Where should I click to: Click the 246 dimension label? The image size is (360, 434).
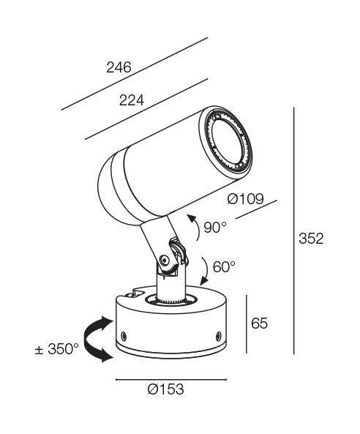[x=119, y=67]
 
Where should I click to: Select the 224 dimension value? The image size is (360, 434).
[x=132, y=100]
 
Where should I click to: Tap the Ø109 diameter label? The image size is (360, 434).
[x=245, y=199]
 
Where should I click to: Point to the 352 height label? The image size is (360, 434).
[x=311, y=239]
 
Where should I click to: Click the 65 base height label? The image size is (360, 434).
[x=259, y=323]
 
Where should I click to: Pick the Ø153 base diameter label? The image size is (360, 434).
[x=165, y=389]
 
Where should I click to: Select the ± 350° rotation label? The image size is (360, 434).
[x=57, y=349]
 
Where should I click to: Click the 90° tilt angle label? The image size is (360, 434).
[x=215, y=227]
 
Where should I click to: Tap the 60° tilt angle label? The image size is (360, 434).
[x=224, y=267]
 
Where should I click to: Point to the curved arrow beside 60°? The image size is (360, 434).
[x=206, y=270]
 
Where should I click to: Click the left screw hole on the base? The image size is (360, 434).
[x=124, y=336]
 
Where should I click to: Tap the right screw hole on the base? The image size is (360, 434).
[x=219, y=336]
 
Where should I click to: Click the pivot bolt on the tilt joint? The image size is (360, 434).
[x=165, y=260]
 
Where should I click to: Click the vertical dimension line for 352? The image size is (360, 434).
[x=294, y=231]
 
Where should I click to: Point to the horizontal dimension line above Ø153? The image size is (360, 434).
[x=171, y=379]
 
